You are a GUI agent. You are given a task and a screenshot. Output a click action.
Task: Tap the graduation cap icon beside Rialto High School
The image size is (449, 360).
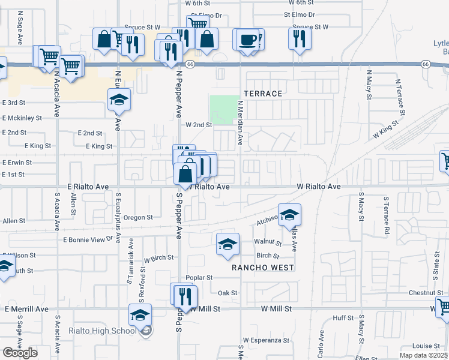point(140,314)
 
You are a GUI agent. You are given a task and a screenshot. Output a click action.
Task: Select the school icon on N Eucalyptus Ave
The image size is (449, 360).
point(119,101)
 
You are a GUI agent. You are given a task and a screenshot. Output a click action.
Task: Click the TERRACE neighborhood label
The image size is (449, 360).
point(263,94)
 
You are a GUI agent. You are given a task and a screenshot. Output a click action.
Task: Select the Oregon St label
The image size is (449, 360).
point(139,218)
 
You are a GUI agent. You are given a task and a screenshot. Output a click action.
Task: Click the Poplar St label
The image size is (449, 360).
point(199,278)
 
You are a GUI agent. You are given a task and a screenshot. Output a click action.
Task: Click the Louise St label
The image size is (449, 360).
point(426,346)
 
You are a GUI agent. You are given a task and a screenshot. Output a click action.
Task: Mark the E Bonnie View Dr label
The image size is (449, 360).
point(88,239)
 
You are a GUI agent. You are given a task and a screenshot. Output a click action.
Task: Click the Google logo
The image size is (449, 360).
point(20,353)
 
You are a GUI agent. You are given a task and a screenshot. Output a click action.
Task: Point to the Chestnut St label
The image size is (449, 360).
point(426,293)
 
